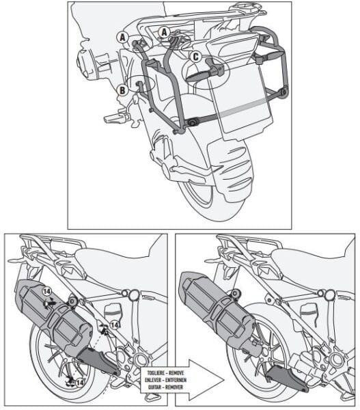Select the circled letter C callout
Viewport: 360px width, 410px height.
pos(196,57)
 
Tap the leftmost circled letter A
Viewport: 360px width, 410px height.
pos(122,38)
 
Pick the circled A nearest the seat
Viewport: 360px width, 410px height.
pos(165,32)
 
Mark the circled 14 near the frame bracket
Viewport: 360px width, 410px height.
pos(115,326)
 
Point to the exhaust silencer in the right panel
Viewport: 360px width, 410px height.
pos(212,297)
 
